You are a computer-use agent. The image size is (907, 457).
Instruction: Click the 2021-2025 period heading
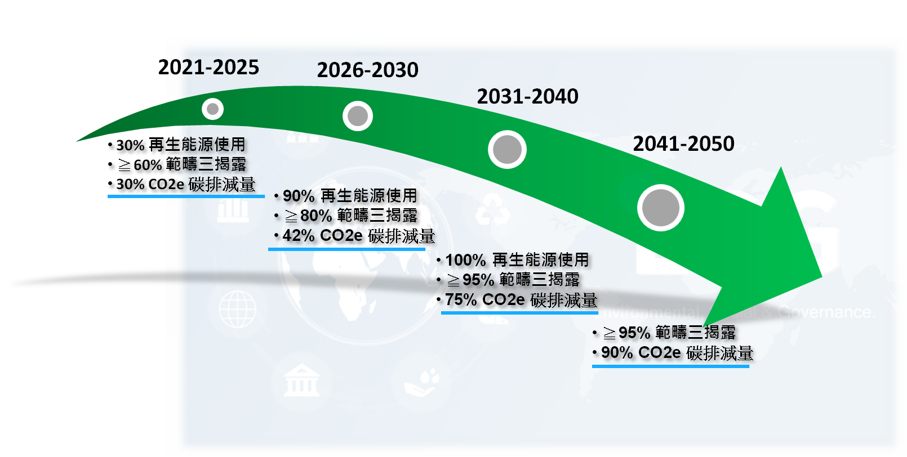tap(208, 67)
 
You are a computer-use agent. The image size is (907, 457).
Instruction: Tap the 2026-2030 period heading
tap(368, 70)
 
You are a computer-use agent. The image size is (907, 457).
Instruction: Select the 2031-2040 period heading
tap(528, 96)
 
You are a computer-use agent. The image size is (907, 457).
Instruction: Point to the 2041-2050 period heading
tap(684, 144)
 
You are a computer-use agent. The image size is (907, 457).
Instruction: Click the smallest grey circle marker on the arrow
tap(212, 109)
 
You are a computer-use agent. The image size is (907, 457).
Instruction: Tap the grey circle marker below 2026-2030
tap(358, 116)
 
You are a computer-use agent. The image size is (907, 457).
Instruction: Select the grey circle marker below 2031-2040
tap(508, 149)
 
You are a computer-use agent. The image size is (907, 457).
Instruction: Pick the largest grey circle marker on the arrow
tap(661, 208)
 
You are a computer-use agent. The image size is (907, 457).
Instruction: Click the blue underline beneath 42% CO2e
tap(346, 249)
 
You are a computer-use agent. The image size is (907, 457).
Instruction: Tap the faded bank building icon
tap(301, 380)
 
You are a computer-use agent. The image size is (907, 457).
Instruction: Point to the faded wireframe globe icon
tap(237, 309)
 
